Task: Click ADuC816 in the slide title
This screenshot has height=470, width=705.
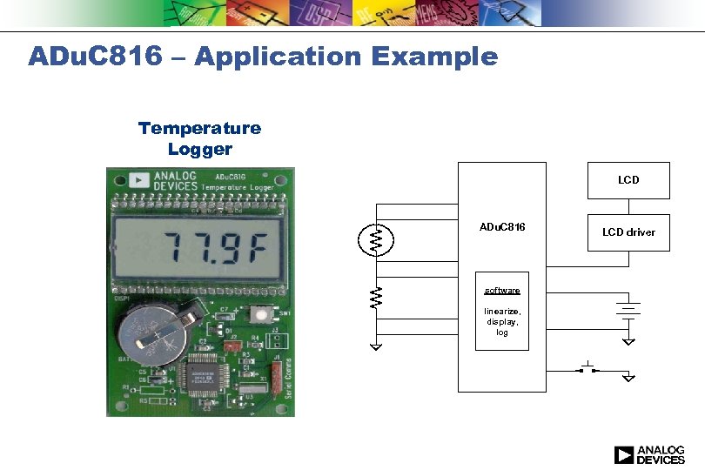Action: [x=95, y=57]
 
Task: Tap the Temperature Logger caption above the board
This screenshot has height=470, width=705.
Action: [x=199, y=138]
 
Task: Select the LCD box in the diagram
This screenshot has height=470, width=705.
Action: [x=628, y=180]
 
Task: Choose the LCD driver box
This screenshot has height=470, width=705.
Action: [x=628, y=232]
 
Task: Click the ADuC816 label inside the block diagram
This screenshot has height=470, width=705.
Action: [x=502, y=227]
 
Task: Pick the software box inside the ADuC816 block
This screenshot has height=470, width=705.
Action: [x=502, y=312]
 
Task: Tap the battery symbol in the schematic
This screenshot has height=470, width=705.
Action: [x=628, y=310]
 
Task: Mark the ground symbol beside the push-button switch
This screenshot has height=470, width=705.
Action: [x=628, y=378]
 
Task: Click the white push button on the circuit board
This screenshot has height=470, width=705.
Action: [x=258, y=314]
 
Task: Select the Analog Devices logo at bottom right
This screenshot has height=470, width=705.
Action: [x=649, y=454]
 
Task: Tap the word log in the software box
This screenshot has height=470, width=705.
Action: [x=502, y=332]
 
